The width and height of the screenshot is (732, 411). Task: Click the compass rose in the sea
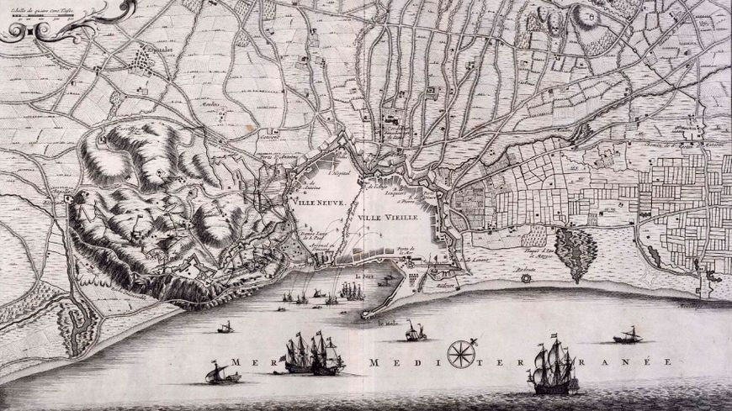[460, 353]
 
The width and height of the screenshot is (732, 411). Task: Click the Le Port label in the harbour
[363, 275]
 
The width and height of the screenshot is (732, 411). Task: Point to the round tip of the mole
[366, 314]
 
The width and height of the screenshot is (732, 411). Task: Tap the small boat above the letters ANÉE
[628, 336]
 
